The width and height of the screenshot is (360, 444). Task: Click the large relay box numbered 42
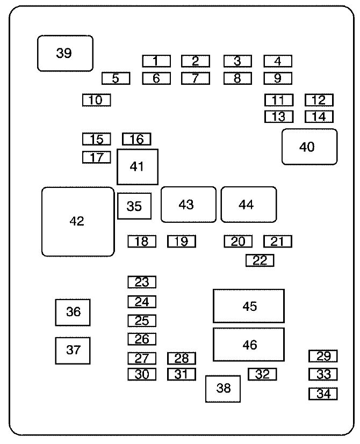click(78, 221)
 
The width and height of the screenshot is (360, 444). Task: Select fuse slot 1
click(156, 61)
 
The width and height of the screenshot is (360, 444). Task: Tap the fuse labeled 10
click(96, 100)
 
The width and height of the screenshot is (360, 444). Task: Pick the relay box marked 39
click(65, 53)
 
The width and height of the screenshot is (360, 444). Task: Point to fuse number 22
click(260, 260)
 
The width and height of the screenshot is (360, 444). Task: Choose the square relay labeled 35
click(134, 206)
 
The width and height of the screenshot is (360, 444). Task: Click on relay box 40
click(309, 147)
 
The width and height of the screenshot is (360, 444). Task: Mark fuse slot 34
click(323, 394)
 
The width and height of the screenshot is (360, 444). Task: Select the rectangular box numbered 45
click(249, 306)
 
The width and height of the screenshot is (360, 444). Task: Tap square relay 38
click(223, 389)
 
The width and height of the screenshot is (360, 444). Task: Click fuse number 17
click(96, 157)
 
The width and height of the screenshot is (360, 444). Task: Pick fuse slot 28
click(182, 358)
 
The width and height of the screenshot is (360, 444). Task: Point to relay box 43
click(188, 205)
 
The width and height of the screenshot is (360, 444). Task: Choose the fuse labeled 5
click(116, 78)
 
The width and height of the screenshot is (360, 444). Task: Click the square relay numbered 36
click(73, 312)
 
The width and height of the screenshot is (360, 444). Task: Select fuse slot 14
click(319, 117)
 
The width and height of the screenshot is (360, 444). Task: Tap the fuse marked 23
click(142, 282)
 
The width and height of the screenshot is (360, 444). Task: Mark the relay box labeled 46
click(249, 344)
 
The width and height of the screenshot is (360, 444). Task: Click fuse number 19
click(182, 242)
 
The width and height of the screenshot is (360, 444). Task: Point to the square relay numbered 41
click(138, 167)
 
